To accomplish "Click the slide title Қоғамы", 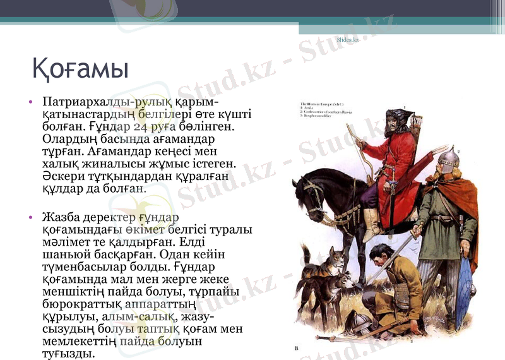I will click(x=80, y=68).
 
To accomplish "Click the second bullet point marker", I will click(x=30, y=217).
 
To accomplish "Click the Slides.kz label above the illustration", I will click(x=347, y=40).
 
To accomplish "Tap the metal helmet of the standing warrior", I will click(x=448, y=159).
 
